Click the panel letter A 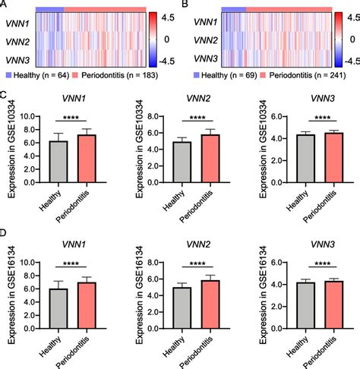pyautogui.click(x=5, y=4)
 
